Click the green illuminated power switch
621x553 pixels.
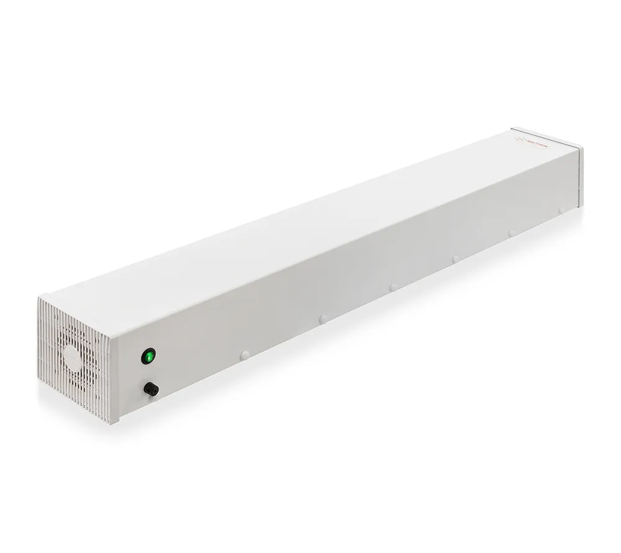click(149, 356)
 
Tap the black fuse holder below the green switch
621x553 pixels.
click(150, 389)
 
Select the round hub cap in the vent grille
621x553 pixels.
click(73, 358)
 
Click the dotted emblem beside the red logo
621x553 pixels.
click(522, 139)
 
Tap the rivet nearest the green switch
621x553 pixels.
click(245, 354)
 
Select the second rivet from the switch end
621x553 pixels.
click(323, 318)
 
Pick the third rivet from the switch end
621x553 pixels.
click(392, 287)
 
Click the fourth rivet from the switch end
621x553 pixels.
click(455, 258)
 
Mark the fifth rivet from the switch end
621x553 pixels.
click(512, 233)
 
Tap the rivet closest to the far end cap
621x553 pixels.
click(561, 210)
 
